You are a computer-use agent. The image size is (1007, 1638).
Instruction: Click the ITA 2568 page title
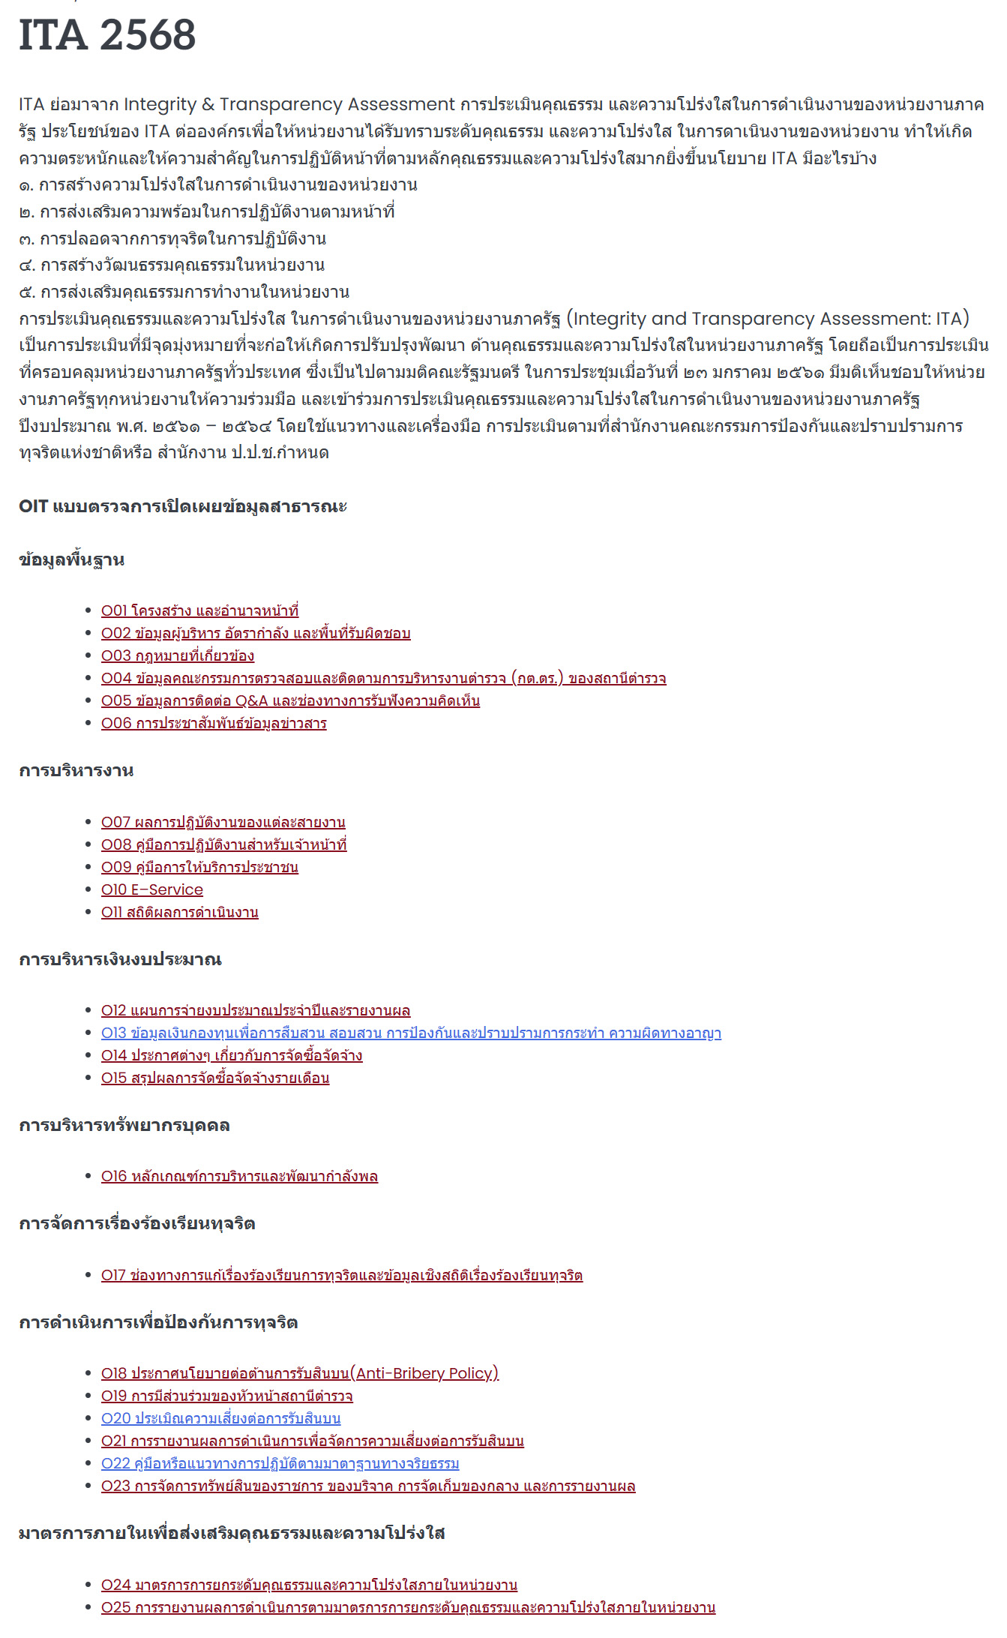coord(107,35)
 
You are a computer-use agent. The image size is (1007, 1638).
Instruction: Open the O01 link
coord(199,611)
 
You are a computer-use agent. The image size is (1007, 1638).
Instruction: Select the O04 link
coord(383,679)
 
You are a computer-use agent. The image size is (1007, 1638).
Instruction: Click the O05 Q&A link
coord(290,701)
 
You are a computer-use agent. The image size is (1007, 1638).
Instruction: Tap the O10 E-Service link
coord(152,890)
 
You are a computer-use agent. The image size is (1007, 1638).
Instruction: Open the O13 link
coord(411,1033)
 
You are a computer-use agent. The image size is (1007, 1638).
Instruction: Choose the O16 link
coord(239,1177)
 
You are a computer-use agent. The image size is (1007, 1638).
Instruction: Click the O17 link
coord(342,1276)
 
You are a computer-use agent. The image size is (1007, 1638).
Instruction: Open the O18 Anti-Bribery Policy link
coord(300,1374)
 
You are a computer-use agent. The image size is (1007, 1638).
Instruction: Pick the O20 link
coord(220,1419)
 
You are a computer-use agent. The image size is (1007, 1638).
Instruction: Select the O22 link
coord(280,1464)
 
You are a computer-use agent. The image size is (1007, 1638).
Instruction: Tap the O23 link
coord(368,1486)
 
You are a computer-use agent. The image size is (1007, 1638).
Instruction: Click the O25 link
coord(408,1608)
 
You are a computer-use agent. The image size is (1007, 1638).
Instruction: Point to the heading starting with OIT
coord(183,506)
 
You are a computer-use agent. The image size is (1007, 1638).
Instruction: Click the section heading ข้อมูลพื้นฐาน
coord(72,560)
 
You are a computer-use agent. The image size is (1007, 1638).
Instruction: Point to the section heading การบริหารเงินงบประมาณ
coord(120,960)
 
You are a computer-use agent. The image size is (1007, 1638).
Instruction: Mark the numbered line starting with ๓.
coord(172,238)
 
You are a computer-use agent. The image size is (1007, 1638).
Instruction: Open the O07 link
coord(223,823)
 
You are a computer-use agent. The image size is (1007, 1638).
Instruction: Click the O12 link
coord(256,1011)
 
